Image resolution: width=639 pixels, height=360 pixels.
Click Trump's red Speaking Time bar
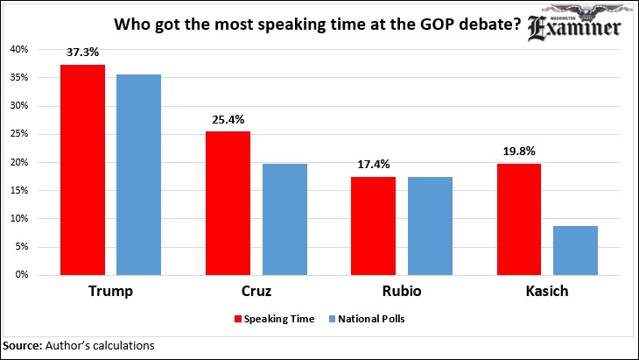tap(83, 170)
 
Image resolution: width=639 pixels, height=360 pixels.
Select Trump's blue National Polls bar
tap(138, 174)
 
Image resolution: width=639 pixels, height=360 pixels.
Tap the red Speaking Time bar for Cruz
tap(228, 203)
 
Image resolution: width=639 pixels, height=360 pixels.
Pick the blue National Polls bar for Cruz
tap(284, 219)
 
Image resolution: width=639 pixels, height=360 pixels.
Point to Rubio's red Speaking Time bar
tap(373, 226)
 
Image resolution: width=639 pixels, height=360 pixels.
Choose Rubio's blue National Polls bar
tap(430, 226)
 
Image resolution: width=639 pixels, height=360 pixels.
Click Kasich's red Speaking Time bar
tap(519, 219)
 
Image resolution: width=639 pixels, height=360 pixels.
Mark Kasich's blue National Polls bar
tap(575, 251)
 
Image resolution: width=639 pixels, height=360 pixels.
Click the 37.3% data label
tap(83, 53)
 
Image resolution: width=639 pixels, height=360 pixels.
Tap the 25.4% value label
tap(228, 119)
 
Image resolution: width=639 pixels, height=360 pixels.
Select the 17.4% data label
tap(374, 165)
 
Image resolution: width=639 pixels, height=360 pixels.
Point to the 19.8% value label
tap(519, 152)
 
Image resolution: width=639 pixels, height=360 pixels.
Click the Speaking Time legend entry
tap(274, 319)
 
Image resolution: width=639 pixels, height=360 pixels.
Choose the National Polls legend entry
tap(367, 319)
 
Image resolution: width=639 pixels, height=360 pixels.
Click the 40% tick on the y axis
tap(19, 49)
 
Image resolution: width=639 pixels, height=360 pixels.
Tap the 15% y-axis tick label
tap(19, 190)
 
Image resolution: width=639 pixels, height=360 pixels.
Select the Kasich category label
tap(547, 291)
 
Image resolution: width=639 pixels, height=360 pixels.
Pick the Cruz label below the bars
tap(256, 291)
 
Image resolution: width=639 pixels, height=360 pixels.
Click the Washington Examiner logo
tap(574, 24)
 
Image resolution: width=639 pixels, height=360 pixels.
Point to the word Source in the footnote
tap(23, 346)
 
